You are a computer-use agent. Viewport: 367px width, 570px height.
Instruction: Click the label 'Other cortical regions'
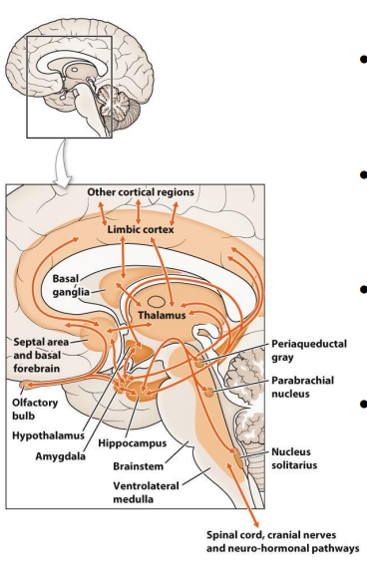point(141,191)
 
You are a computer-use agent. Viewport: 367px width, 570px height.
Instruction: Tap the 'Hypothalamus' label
point(45,435)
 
